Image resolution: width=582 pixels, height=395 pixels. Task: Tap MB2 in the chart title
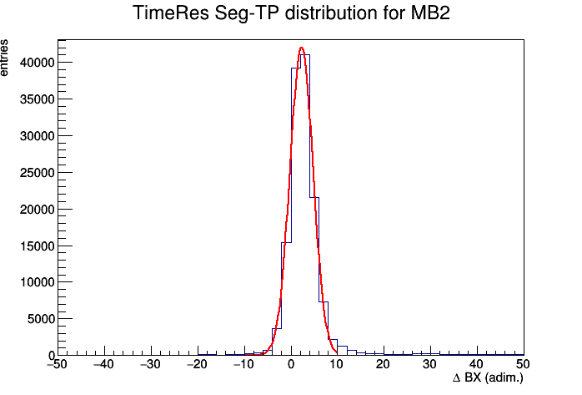tap(430, 13)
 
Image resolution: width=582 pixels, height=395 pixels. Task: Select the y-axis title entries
tap(4, 58)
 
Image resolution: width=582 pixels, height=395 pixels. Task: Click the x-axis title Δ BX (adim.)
tap(488, 378)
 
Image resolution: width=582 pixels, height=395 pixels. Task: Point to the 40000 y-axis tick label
tap(38, 63)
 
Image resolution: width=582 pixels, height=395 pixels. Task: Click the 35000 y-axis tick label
tap(38, 99)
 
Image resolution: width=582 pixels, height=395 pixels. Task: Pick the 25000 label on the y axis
tap(38, 173)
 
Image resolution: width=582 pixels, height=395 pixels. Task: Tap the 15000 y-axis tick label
tap(38, 246)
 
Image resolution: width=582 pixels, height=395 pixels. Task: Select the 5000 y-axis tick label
tap(41, 319)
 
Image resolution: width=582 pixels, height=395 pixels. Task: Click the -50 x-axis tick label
tap(58, 364)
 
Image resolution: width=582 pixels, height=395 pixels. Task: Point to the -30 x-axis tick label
tap(150, 364)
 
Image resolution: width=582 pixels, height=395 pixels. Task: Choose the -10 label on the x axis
tap(243, 364)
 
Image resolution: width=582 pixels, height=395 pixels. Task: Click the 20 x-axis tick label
tap(383, 364)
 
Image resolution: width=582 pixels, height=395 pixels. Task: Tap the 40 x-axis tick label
tap(477, 364)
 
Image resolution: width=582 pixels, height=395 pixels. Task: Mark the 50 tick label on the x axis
tap(523, 364)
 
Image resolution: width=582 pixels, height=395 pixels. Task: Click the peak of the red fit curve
tap(301, 48)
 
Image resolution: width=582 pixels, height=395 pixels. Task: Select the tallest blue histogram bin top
tap(305, 55)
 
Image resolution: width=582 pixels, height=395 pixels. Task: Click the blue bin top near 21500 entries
tap(314, 197)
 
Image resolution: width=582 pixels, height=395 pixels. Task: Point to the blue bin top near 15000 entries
tap(286, 243)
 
